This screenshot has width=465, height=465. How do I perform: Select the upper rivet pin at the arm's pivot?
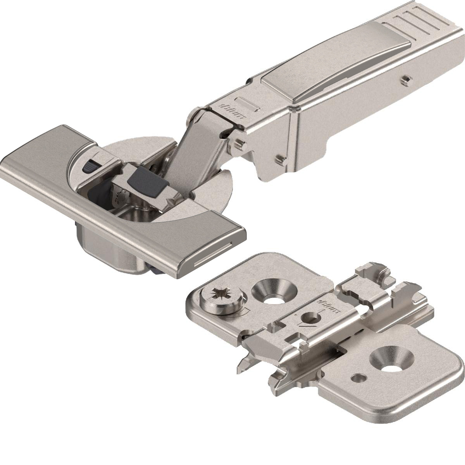point(239,143)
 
